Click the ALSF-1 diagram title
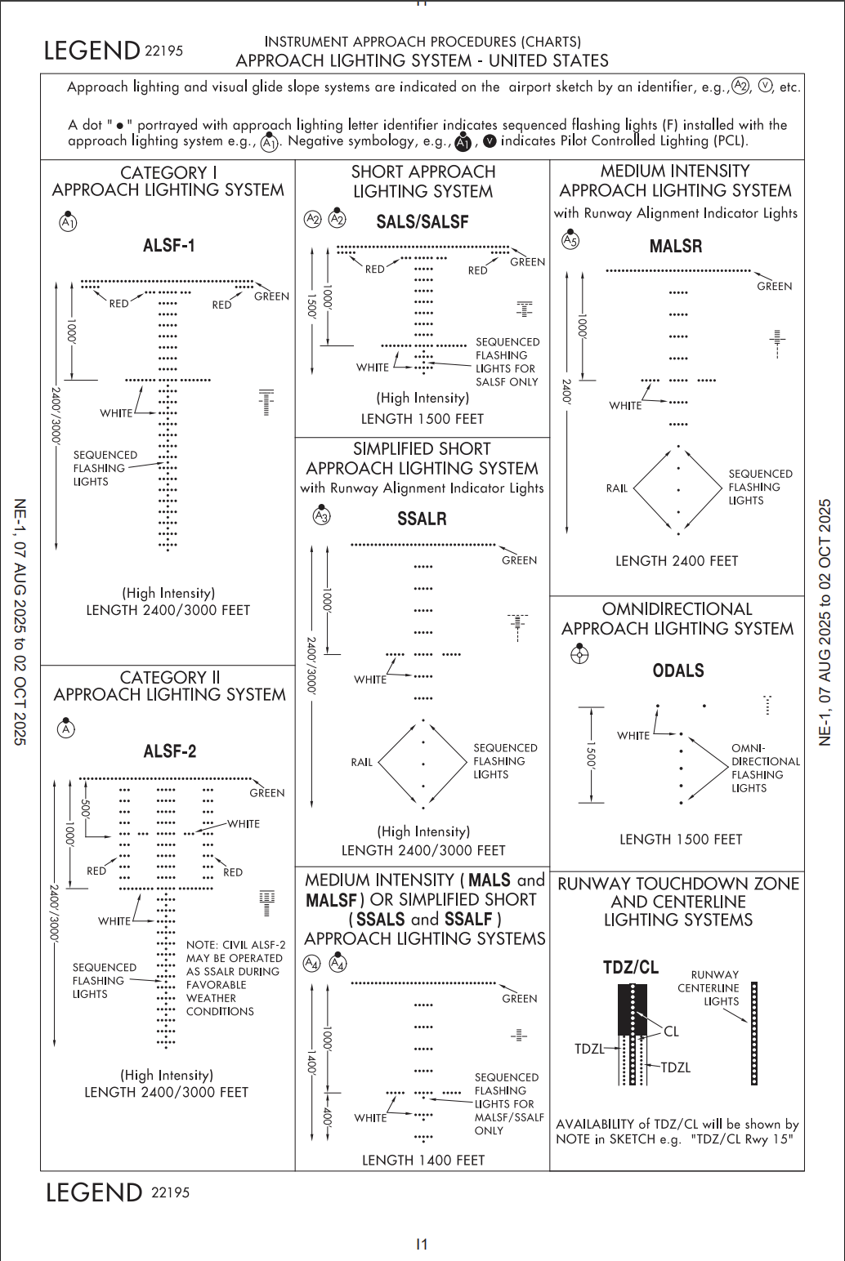coord(169,245)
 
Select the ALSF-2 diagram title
coord(169,751)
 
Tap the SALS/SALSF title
coord(422,221)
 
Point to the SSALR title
coord(422,519)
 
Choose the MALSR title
coord(675,246)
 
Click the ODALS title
coord(677,671)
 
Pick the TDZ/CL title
coord(630,968)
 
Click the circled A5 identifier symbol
coord(570,240)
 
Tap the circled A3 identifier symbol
coord(321,516)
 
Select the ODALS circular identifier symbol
coord(579,653)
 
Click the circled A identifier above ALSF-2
coord(66,729)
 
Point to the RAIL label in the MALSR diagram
coord(617,488)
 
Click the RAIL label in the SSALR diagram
coord(361,762)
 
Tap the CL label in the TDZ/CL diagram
coord(671,1032)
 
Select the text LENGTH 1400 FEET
coord(422,1160)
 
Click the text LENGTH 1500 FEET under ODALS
coord(681,839)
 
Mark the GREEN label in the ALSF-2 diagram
coord(266,792)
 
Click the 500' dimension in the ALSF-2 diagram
coord(84,810)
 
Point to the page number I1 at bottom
coord(422,1244)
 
